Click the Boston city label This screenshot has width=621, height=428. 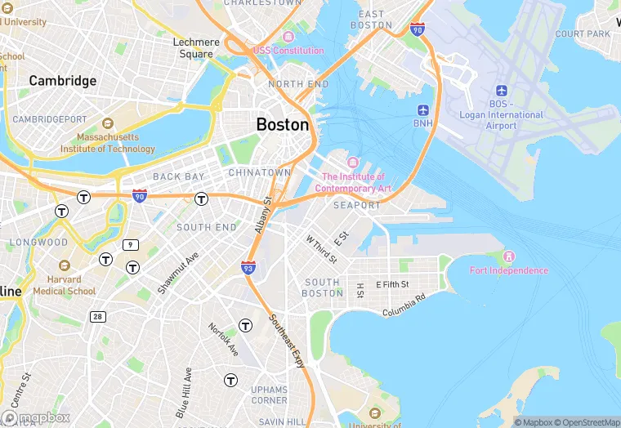(x=283, y=125)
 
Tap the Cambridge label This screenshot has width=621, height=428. (x=63, y=81)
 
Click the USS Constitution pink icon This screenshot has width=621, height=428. (x=288, y=38)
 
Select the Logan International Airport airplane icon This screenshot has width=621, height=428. (x=502, y=91)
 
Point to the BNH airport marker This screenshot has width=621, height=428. (x=423, y=110)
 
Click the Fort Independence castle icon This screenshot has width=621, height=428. (x=509, y=257)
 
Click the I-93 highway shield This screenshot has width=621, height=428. (x=248, y=267)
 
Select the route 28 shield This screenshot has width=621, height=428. (x=97, y=316)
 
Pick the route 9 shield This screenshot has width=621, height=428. (x=130, y=244)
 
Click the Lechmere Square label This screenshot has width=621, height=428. (x=196, y=48)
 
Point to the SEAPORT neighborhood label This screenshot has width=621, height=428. (x=357, y=205)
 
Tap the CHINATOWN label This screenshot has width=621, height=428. (x=260, y=173)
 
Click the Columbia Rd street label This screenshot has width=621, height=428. (x=404, y=306)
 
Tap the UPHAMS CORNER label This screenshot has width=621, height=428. (x=269, y=395)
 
